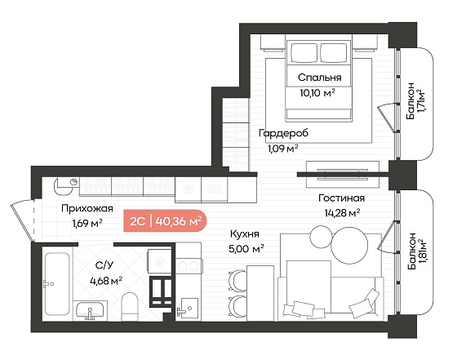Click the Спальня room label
(x=319, y=78)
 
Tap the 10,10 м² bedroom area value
(x=317, y=93)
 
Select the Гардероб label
(x=284, y=133)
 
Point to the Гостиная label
(x=341, y=198)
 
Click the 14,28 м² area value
(x=342, y=213)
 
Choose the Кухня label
(x=245, y=233)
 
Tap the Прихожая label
(x=87, y=209)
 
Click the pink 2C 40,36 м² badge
(x=165, y=221)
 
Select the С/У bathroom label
(x=104, y=265)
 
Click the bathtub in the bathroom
(x=57, y=284)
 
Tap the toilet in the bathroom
(x=129, y=306)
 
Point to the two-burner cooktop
(x=189, y=266)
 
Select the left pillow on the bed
(x=304, y=52)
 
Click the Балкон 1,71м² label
(x=415, y=101)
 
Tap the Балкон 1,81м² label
(x=415, y=251)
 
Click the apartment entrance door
(x=23, y=220)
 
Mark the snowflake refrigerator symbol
(x=188, y=189)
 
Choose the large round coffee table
(x=349, y=245)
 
